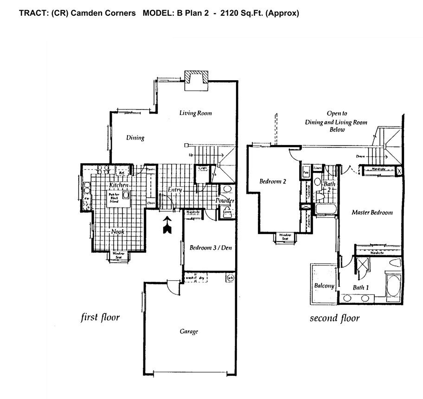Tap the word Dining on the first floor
click(x=135, y=138)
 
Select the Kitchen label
click(x=118, y=185)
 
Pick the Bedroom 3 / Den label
click(x=211, y=248)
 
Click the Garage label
click(x=189, y=332)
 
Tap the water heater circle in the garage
click(x=230, y=278)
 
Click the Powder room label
click(x=225, y=201)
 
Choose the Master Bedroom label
click(x=372, y=213)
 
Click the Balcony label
click(x=324, y=286)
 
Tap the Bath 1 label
click(x=361, y=288)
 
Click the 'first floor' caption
click(x=100, y=317)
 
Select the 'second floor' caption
click(x=334, y=318)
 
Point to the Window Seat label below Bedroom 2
click(x=284, y=237)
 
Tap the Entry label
click(x=175, y=190)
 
